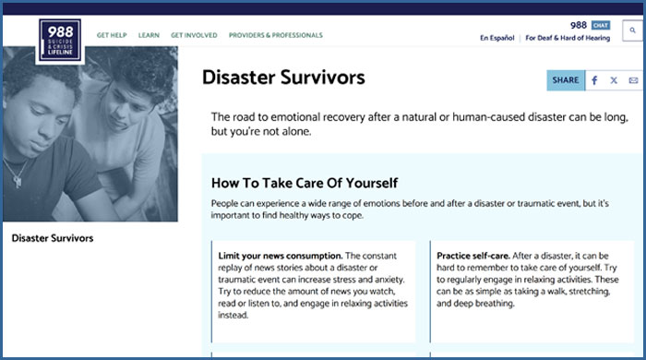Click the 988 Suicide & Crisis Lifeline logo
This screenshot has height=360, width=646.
(x=60, y=41)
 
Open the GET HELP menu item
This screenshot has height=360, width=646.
(x=112, y=35)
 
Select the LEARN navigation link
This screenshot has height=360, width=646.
(x=149, y=35)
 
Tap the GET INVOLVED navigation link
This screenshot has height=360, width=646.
(x=194, y=35)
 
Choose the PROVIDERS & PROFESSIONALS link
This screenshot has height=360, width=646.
(x=276, y=35)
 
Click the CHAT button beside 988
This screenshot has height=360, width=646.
(x=601, y=25)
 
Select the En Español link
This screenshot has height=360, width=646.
(x=496, y=38)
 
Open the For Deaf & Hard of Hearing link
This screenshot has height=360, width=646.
(x=568, y=38)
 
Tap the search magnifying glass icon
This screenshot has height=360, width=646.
(x=632, y=30)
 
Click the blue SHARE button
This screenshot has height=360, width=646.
(x=566, y=80)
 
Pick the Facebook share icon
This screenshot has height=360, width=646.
(x=594, y=80)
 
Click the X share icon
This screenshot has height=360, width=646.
(x=614, y=80)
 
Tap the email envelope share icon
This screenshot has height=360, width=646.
(x=633, y=80)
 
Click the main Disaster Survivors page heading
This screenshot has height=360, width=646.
(x=283, y=78)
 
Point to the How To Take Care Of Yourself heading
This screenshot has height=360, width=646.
(x=305, y=183)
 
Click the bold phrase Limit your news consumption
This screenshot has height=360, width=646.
(x=281, y=256)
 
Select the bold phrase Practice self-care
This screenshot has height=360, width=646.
(x=473, y=256)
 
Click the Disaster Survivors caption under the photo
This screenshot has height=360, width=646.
(x=53, y=238)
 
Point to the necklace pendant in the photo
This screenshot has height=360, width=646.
(x=18, y=181)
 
